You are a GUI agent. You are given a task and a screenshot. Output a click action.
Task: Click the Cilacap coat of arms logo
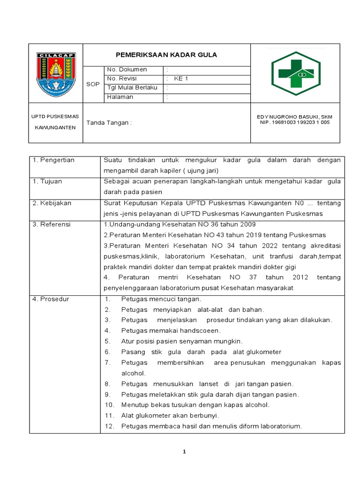(x=56, y=74)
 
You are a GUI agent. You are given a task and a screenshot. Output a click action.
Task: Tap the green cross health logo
(x=296, y=74)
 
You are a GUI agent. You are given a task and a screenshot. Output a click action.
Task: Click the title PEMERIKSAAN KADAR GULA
(x=166, y=55)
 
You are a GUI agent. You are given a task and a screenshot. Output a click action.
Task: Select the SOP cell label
(x=93, y=84)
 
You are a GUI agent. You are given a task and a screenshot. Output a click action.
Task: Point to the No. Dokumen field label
(x=127, y=69)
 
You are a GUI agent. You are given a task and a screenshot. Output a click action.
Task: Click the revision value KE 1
(x=181, y=79)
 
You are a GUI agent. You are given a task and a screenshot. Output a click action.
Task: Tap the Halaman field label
(x=120, y=97)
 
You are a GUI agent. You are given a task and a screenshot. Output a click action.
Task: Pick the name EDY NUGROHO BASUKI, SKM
(x=295, y=117)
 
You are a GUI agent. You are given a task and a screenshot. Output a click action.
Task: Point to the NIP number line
(x=295, y=123)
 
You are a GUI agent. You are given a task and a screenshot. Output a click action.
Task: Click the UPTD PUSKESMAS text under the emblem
(x=55, y=116)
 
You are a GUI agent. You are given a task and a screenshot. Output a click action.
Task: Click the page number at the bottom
(x=185, y=452)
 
